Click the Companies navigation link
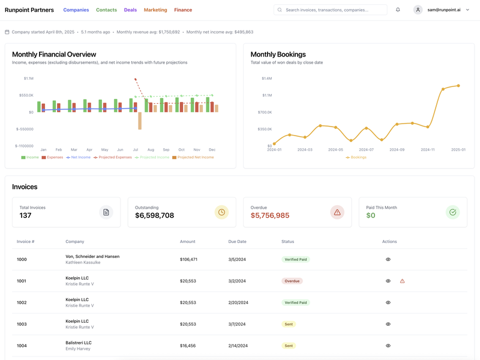76,10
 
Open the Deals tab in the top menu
130,10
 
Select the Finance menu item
183,10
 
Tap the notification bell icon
398,10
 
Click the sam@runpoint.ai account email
444,10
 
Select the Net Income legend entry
78,157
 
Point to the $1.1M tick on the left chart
29,78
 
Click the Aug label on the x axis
151,149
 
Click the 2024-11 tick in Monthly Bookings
427,149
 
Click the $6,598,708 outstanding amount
154,215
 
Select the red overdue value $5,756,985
270,215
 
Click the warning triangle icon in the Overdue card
337,212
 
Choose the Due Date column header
237,242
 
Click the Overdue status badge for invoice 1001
292,281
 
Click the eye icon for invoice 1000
388,259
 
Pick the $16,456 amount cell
188,346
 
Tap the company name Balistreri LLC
79,343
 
